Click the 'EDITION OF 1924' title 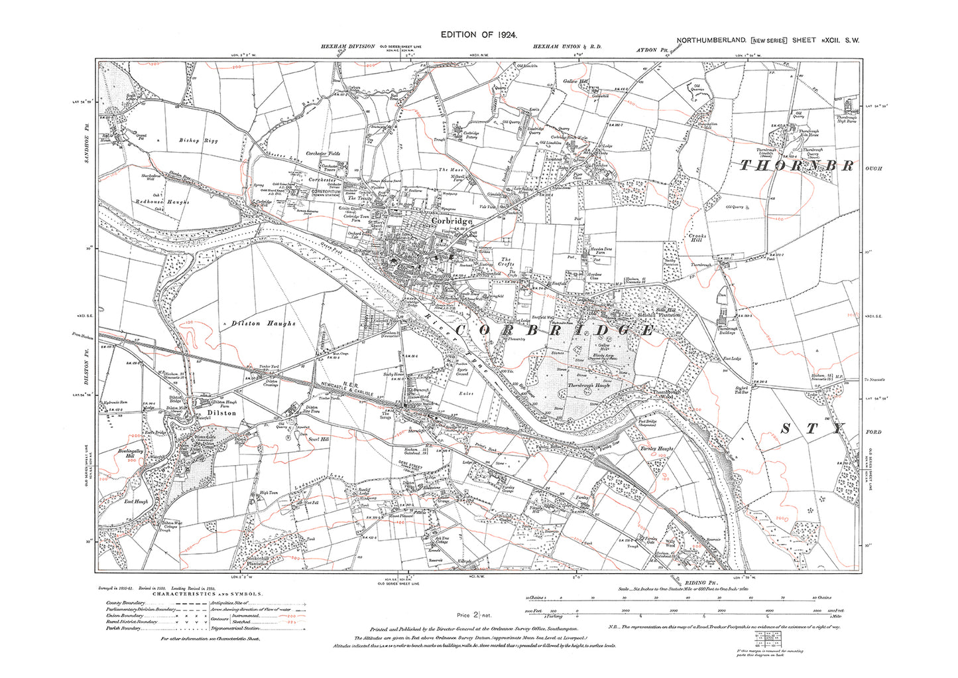[478, 34]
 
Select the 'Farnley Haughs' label [656, 449]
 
